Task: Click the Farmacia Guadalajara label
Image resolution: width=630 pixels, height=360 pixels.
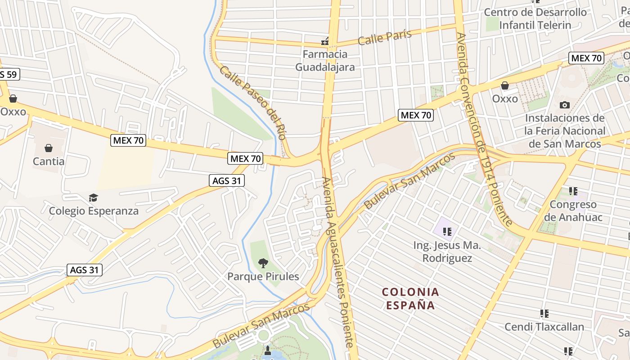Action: (325, 61)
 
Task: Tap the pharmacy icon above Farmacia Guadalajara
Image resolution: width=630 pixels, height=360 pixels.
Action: (325, 42)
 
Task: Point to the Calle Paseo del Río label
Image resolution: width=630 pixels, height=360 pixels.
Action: (253, 103)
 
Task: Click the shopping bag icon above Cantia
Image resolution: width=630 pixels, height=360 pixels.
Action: (49, 148)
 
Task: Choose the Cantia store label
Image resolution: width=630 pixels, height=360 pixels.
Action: (49, 161)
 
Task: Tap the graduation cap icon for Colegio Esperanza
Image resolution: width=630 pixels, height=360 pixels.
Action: (93, 198)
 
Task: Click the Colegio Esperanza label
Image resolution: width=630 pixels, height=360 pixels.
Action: (94, 211)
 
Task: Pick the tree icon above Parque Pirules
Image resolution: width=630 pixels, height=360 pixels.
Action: (263, 263)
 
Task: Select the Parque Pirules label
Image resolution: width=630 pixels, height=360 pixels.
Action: (263, 276)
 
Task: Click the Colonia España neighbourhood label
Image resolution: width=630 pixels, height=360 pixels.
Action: (410, 298)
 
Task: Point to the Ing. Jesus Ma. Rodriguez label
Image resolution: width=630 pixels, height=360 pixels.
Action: (447, 252)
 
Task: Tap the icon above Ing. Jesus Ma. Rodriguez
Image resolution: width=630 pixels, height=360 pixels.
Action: (447, 232)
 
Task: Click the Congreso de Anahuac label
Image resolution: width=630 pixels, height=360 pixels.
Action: (573, 211)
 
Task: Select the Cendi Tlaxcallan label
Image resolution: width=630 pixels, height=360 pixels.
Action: (544, 327)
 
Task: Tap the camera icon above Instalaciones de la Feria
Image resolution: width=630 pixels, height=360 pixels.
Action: (564, 105)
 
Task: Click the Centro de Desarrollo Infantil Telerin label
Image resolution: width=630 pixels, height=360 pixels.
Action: (535, 18)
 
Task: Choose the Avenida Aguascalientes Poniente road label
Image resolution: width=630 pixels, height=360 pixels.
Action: (337, 261)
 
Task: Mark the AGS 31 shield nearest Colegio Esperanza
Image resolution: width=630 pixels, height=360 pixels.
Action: (227, 181)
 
